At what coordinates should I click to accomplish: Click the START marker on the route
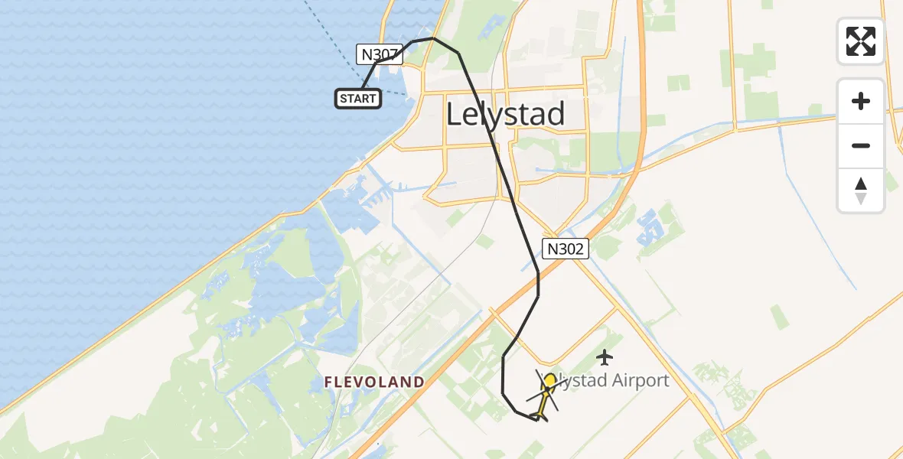pyautogui.click(x=358, y=98)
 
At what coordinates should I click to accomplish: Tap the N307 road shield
pyautogui.click(x=380, y=54)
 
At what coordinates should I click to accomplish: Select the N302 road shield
pyautogui.click(x=566, y=248)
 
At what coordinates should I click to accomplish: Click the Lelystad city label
pyautogui.click(x=505, y=114)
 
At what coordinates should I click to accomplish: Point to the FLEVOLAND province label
pyautogui.click(x=373, y=382)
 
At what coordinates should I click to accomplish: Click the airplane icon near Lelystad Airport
pyautogui.click(x=605, y=356)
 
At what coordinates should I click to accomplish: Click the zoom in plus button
pyautogui.click(x=861, y=101)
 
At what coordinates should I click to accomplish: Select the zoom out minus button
pyautogui.click(x=861, y=145)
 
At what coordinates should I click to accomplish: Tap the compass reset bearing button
pyautogui.click(x=861, y=190)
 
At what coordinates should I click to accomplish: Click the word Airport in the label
pyautogui.click(x=640, y=380)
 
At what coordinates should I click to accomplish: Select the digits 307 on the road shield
pyautogui.click(x=385, y=54)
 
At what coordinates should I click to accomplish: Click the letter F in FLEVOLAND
pyautogui.click(x=328, y=382)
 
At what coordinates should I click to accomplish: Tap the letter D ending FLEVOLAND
pyautogui.click(x=419, y=382)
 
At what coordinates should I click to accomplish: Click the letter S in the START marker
pyautogui.click(x=343, y=98)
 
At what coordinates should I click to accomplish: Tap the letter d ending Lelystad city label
pyautogui.click(x=556, y=114)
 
